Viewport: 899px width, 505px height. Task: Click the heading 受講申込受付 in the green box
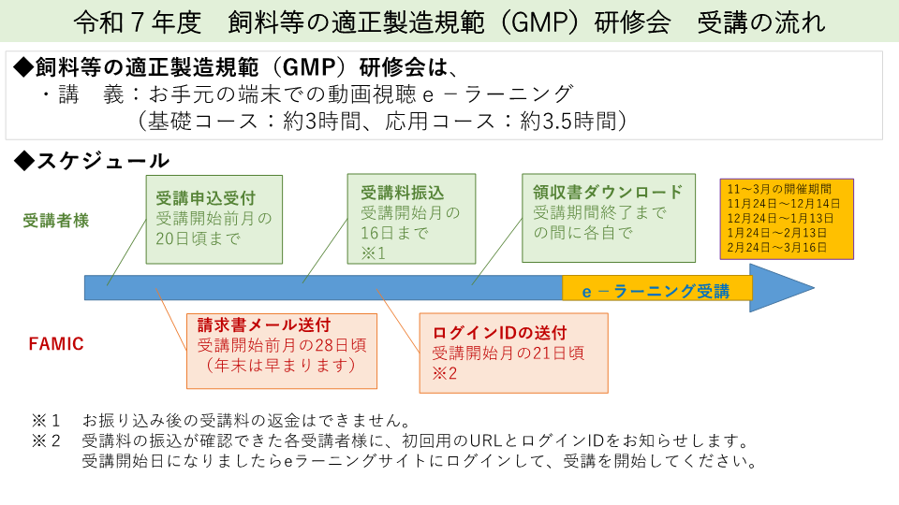[x=206, y=198]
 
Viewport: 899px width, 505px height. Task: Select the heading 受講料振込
[x=402, y=193]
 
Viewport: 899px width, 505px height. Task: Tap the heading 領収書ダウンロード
[x=608, y=192]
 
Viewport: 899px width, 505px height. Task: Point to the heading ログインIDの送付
[x=499, y=332]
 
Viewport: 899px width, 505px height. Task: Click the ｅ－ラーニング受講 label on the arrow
[x=656, y=291]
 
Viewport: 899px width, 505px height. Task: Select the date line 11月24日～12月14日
[x=784, y=203]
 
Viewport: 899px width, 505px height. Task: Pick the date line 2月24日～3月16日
[x=777, y=247]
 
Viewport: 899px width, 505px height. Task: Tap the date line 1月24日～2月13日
[x=777, y=232]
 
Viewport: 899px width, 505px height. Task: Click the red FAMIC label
[x=55, y=344]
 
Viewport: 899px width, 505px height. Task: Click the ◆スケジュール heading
[x=92, y=160]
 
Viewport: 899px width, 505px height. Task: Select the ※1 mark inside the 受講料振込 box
[x=374, y=252]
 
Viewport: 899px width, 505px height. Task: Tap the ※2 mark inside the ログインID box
[x=444, y=373]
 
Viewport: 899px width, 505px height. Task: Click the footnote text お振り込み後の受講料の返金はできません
[x=246, y=419]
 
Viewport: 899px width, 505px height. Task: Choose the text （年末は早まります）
[x=281, y=365]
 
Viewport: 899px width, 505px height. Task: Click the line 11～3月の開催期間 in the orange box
[x=777, y=188]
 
